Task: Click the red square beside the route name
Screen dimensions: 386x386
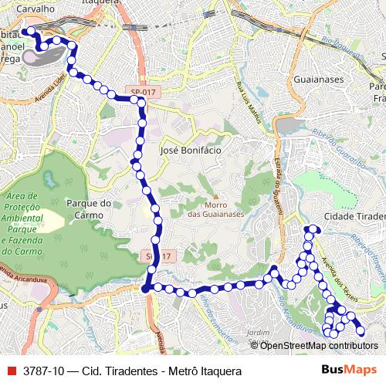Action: (10, 371)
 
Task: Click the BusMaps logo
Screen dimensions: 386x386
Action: (349, 371)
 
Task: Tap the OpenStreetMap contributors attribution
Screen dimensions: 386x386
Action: (318, 345)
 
